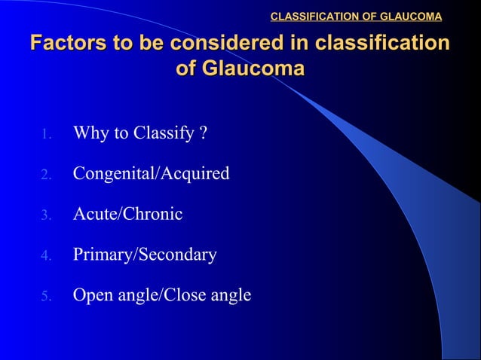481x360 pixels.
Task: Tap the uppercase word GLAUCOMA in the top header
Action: point(411,16)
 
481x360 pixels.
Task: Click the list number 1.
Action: point(45,136)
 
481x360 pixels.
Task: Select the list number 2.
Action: point(45,175)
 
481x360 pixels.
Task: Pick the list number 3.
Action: point(45,215)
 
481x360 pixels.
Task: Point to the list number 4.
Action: point(45,256)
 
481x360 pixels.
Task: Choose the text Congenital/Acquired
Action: point(151,175)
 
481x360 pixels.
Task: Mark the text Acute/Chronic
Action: point(127,215)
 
